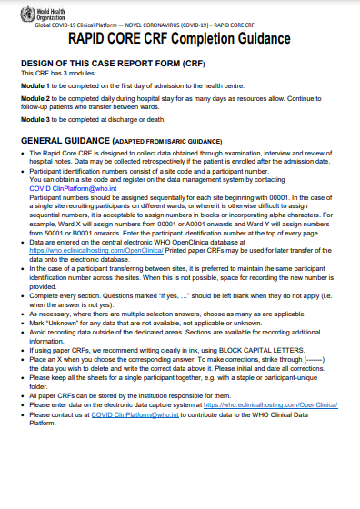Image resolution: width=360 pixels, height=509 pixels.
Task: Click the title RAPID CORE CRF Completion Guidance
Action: point(179,39)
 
